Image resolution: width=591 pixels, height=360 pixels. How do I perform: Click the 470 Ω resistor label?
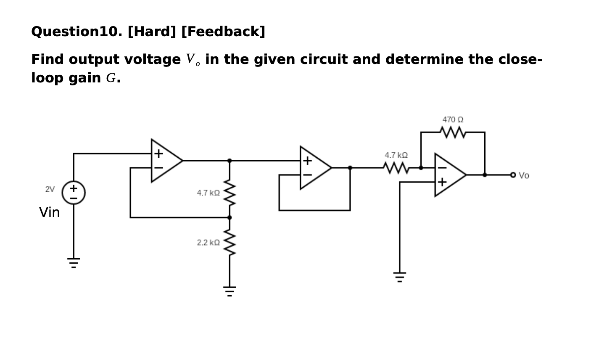453,120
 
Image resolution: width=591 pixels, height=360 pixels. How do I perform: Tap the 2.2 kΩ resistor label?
208,243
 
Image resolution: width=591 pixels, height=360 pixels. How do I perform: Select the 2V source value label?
50,189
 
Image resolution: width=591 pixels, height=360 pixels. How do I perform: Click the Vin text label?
50,212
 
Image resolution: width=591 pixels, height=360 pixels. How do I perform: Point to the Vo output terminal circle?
513,175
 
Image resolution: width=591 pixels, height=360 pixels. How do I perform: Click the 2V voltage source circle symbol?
74,193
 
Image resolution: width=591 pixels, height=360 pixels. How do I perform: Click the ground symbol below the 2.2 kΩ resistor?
230,291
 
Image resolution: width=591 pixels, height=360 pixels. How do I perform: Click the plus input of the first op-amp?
158,154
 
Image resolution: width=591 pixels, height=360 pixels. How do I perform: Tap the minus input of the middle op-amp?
308,175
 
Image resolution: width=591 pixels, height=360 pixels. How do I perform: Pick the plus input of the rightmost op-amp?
442,182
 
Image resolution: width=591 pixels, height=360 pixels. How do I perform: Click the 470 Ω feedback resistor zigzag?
453,132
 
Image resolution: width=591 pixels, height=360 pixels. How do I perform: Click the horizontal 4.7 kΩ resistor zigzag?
396,168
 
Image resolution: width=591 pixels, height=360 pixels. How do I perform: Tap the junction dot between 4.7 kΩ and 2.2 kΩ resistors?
230,217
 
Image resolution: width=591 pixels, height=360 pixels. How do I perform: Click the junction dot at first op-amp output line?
230,161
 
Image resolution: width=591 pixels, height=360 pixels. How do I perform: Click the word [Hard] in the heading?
152,32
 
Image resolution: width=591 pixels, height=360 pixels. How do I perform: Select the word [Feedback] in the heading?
223,32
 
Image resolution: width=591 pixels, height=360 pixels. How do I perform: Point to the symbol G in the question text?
111,78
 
